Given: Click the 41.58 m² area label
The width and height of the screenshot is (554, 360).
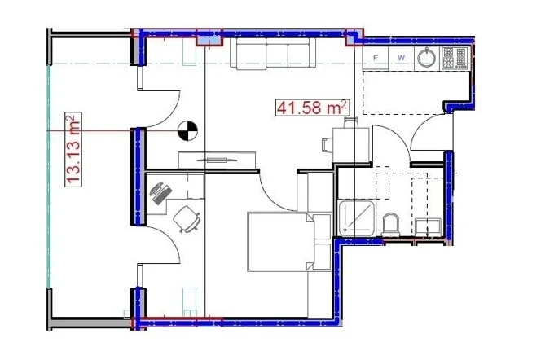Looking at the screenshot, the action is [x=313, y=108].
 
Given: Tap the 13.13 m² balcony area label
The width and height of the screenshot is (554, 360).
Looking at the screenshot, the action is [x=73, y=149].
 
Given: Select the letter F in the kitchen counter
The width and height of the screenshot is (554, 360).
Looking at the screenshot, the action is [x=376, y=57].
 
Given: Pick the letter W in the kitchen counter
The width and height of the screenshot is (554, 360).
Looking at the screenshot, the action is [x=401, y=57].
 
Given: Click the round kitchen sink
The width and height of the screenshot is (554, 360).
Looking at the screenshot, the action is [x=426, y=57].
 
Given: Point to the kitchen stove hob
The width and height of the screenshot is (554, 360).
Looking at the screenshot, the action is [x=455, y=58].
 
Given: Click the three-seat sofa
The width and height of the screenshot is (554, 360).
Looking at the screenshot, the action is [x=273, y=53].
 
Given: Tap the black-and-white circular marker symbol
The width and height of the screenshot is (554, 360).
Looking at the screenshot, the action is [x=187, y=130].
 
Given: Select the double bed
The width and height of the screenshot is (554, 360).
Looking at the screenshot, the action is [x=289, y=242].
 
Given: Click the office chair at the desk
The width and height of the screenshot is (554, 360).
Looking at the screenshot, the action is [x=187, y=219].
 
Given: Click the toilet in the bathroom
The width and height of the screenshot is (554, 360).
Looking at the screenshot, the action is [x=390, y=225].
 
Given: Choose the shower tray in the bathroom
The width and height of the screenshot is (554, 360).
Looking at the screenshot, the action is [x=357, y=217].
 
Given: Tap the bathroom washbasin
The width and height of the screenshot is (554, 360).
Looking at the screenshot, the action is [x=428, y=227].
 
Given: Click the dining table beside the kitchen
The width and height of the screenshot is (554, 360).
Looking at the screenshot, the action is [x=351, y=145].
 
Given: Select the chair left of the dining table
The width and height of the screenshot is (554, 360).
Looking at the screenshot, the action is [x=327, y=145].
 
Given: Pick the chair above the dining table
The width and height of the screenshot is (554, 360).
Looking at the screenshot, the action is [x=351, y=123].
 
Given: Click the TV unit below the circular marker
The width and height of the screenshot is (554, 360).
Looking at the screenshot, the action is [x=217, y=160].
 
